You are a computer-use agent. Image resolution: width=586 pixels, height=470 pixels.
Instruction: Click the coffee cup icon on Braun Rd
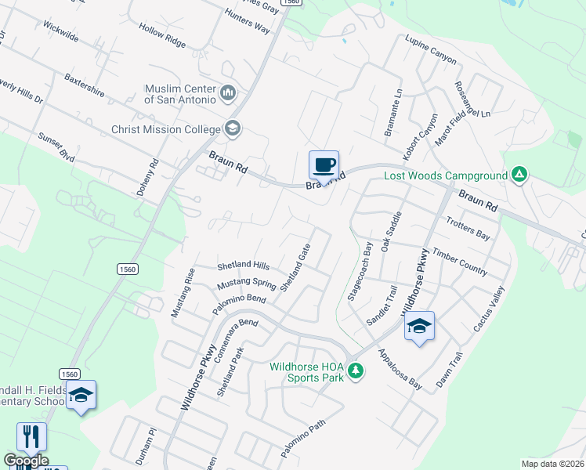[x=324, y=165]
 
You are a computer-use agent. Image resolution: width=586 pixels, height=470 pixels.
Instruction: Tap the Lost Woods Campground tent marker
[x=519, y=175]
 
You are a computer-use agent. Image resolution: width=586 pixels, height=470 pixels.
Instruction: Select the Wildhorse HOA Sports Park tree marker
[x=356, y=370]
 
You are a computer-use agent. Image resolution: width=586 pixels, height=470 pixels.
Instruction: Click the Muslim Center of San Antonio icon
[x=228, y=93]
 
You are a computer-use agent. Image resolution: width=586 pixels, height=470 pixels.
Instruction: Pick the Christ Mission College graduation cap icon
[x=232, y=128]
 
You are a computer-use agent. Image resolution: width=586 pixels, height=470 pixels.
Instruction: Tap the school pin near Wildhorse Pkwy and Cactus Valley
[x=419, y=326]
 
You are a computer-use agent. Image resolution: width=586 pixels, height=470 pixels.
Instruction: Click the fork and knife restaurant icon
[x=31, y=436]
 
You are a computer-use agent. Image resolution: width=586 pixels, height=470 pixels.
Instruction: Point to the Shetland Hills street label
[x=243, y=266]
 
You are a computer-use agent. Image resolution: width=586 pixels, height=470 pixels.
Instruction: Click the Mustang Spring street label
[x=246, y=284]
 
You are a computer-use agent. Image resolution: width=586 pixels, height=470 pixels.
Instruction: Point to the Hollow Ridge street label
[x=162, y=35]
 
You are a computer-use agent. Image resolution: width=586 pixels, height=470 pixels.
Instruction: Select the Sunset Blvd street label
[x=56, y=147]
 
